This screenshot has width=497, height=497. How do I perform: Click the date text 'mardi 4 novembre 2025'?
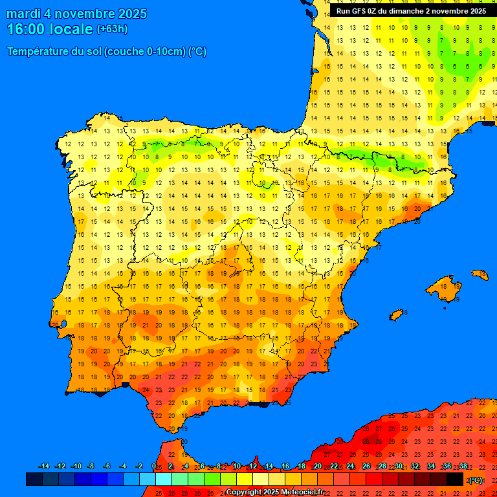click(76, 14)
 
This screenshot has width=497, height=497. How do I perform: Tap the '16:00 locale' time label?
click(50, 29)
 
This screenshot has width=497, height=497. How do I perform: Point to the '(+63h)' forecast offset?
click(112, 29)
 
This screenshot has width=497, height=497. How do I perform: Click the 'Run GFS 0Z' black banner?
click(412, 11)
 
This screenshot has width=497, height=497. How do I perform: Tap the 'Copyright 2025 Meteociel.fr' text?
click(274, 492)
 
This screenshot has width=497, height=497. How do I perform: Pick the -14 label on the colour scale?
click(44, 467)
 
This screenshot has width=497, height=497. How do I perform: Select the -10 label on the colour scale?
click(76, 467)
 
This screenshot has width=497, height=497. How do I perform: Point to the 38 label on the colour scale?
click(463, 467)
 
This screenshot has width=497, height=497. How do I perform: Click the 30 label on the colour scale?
click(398, 467)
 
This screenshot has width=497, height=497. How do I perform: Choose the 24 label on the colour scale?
click(350, 467)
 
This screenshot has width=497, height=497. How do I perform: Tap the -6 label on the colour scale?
click(107, 467)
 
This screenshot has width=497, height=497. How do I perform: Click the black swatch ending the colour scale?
click(455, 480)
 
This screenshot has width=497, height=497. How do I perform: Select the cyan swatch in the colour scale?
click(164, 480)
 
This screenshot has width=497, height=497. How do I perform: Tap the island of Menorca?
click(480, 275)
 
